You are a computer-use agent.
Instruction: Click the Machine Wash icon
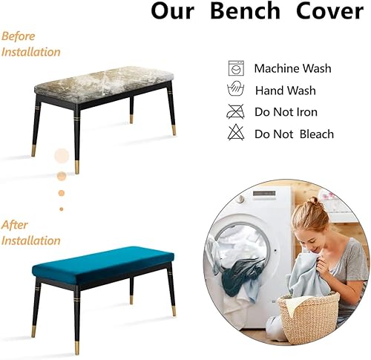click(x=235, y=68)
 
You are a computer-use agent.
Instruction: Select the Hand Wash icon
click(x=235, y=90)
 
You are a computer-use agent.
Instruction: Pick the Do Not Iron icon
click(x=235, y=112)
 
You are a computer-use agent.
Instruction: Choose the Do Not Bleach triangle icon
click(x=235, y=134)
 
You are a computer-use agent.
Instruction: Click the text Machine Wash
click(x=293, y=68)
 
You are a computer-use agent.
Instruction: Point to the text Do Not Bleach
click(x=294, y=134)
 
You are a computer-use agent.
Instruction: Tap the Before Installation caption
click(x=30, y=44)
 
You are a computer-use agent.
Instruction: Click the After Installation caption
click(x=30, y=232)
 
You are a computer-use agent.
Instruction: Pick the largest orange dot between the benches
click(x=61, y=157)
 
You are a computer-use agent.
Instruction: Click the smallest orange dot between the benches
click(x=62, y=209)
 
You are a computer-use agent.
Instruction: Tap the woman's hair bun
click(x=315, y=200)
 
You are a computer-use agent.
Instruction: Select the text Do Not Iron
click(x=286, y=113)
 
